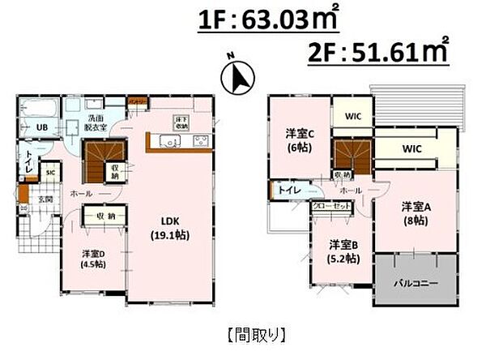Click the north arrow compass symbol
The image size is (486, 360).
(237, 78)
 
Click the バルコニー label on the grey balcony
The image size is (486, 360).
(416, 284)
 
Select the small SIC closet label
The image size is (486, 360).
(49, 173)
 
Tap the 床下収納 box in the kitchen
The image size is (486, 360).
(180, 123)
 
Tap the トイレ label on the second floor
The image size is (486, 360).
(289, 189)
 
